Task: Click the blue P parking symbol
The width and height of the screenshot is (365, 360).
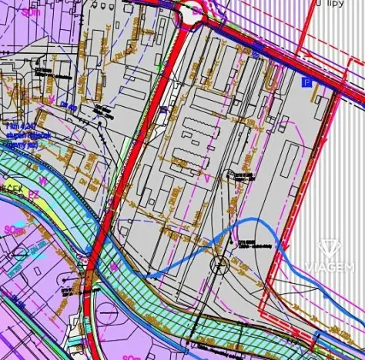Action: [308, 82]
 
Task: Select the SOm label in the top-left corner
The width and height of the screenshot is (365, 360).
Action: [32, 13]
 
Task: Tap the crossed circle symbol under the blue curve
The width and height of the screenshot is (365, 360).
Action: [218, 266]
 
